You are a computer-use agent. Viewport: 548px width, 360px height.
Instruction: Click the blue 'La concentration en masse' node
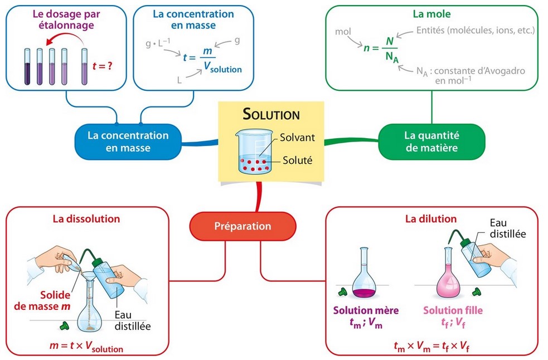[128, 142]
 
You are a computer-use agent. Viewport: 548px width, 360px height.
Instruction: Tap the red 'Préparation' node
[243, 226]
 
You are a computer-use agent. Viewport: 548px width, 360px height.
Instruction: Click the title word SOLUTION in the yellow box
[271, 115]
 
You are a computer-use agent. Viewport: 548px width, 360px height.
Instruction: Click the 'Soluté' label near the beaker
[296, 160]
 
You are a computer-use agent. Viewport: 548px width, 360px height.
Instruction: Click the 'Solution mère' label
[362, 310]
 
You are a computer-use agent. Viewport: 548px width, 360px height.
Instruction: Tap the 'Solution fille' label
[453, 310]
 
